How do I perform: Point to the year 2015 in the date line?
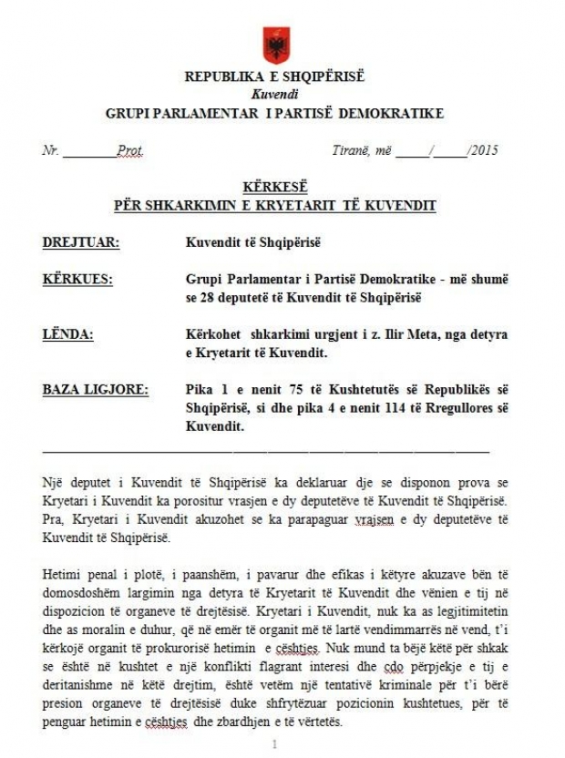[x=485, y=150]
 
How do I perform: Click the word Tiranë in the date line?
[x=351, y=150]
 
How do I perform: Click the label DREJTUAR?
[x=81, y=241]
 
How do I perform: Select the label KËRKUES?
[x=78, y=279]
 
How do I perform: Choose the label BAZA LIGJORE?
[x=96, y=389]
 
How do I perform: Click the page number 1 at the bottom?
[x=274, y=743]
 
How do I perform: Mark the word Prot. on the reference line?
[x=129, y=150]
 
